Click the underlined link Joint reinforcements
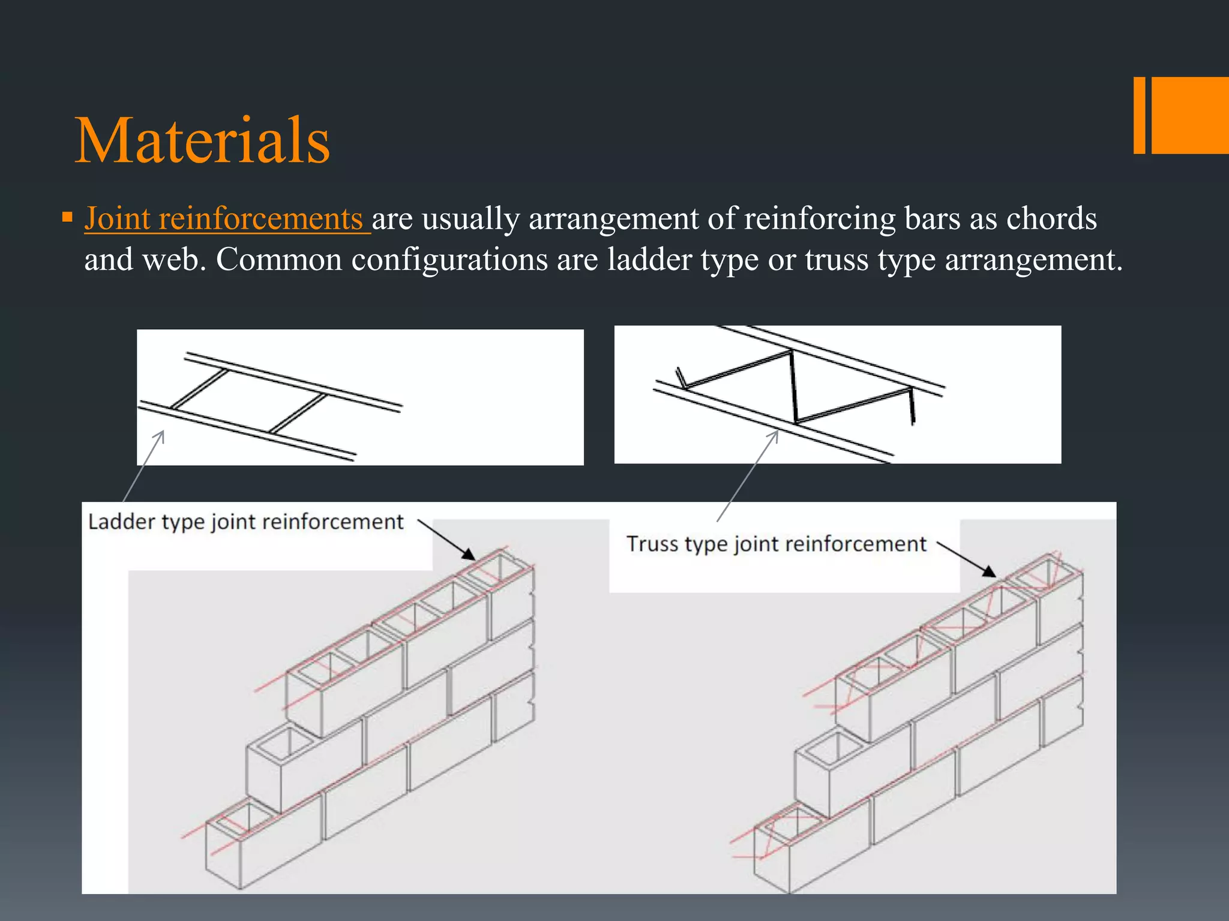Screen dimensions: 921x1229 pyautogui.click(x=223, y=218)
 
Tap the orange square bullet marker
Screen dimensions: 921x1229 pyautogui.click(x=67, y=216)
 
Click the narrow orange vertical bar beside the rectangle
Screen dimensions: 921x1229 pyautogui.click(x=1139, y=115)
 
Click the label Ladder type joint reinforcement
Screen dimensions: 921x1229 pyautogui.click(x=245, y=522)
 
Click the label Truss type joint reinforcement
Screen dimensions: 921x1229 pyautogui.click(x=776, y=544)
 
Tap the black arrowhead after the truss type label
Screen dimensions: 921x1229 pyautogui.click(x=988, y=571)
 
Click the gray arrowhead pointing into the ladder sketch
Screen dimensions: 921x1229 pyautogui.click(x=161, y=434)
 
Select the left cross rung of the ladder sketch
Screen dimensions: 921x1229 pyautogui.click(x=199, y=389)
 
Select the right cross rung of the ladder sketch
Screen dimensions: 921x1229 pyautogui.click(x=298, y=413)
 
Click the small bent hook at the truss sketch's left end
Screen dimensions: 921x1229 pyautogui.click(x=681, y=378)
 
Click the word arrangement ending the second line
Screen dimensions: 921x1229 pyautogui.click(x=1032, y=260)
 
